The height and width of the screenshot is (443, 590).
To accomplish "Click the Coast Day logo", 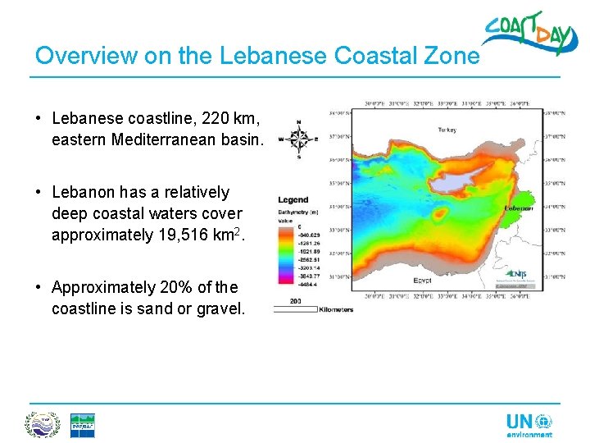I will point(524,34).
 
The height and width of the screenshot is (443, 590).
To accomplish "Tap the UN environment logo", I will point(529,424).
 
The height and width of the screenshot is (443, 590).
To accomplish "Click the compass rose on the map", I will point(298,139).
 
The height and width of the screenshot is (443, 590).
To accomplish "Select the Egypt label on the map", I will point(422,280).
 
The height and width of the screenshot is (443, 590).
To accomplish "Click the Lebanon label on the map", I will point(518,208).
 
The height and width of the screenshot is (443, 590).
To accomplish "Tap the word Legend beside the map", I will point(293,199).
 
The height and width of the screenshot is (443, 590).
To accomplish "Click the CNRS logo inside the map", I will point(517,274).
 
